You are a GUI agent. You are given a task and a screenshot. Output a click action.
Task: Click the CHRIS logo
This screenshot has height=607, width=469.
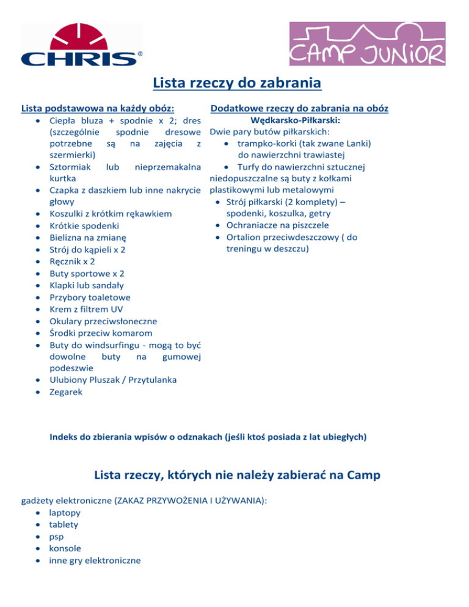pos(82,45)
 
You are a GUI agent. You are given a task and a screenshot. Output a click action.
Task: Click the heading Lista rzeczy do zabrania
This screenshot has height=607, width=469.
pos(237,82)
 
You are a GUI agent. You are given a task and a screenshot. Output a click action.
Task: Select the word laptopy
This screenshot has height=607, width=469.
pos(65,512)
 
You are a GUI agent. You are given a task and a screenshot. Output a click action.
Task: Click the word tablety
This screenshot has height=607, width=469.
pos(64,524)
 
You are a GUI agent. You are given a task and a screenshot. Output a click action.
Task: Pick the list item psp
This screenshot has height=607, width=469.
pos(56,536)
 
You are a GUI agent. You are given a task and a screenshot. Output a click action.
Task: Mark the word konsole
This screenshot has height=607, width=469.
pos(65,548)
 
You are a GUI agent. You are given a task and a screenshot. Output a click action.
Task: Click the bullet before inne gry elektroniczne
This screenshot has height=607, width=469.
pos(38,560)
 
